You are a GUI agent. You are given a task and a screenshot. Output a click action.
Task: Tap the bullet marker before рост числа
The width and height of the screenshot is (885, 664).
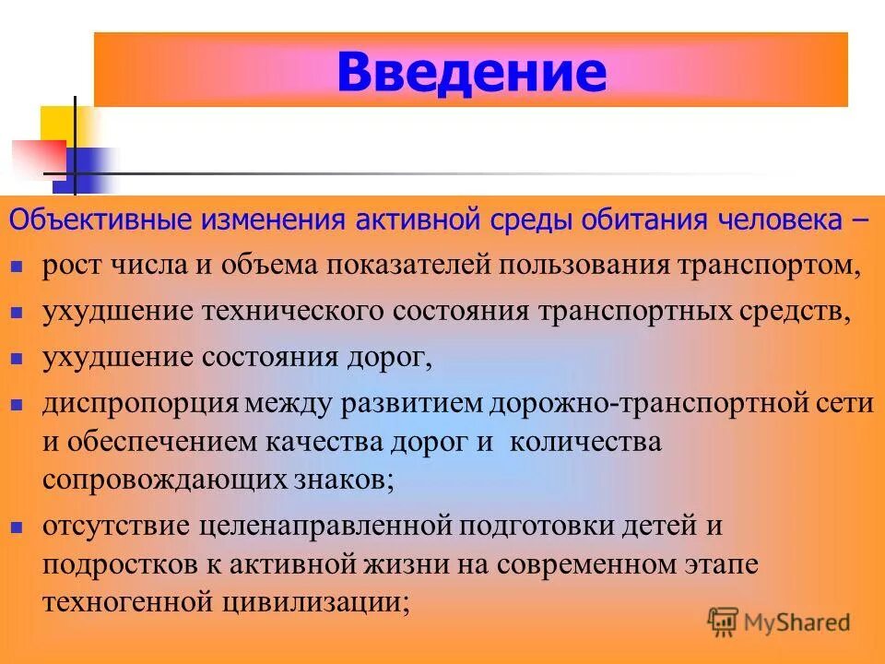pyautogui.click(x=17, y=267)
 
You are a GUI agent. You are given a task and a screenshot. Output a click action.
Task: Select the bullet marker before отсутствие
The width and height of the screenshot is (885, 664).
pyautogui.click(x=17, y=528)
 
